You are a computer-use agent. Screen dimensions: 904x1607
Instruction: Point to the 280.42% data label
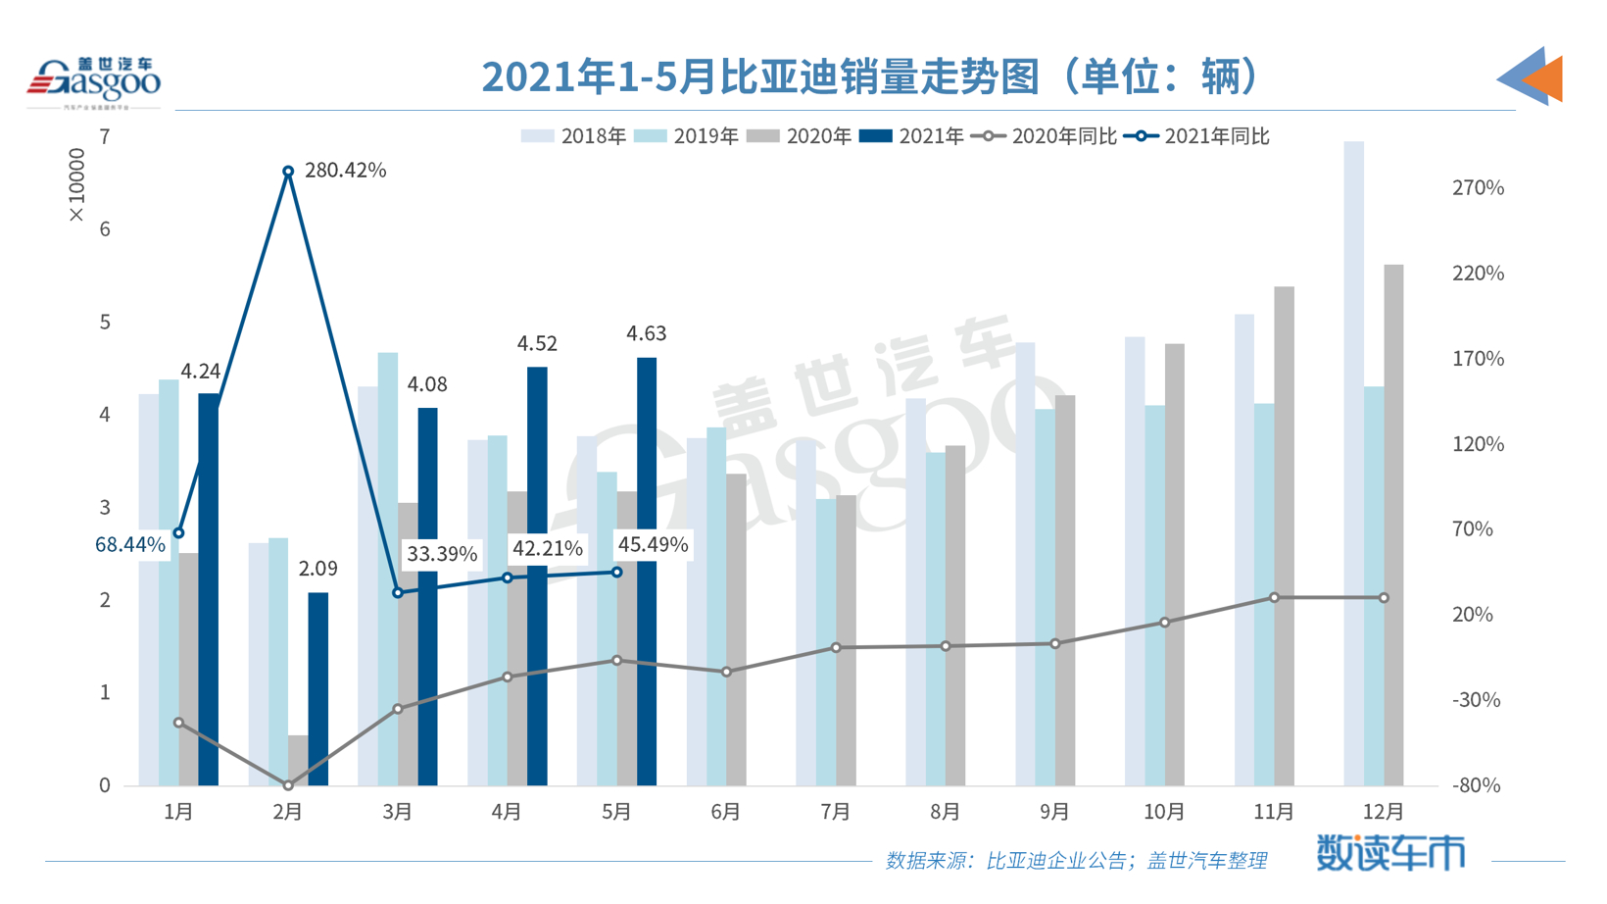point(345,171)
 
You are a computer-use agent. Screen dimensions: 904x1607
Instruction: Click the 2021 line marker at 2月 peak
point(288,172)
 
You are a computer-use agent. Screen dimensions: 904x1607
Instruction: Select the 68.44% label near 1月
point(129,545)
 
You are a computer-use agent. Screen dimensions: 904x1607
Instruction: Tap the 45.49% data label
point(653,545)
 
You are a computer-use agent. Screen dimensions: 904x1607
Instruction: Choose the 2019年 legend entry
point(687,136)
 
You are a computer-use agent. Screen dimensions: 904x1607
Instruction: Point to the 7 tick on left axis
point(105,137)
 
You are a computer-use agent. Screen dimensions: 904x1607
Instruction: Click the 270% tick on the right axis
point(1478,187)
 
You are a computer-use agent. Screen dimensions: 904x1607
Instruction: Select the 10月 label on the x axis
point(1164,812)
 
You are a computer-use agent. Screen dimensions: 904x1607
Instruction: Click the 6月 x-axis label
point(726,812)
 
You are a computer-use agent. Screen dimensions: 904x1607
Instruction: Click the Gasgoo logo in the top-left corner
point(93,81)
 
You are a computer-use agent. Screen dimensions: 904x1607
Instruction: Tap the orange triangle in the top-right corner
point(1544,78)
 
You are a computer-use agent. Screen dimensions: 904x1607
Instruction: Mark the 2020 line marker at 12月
point(1384,598)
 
